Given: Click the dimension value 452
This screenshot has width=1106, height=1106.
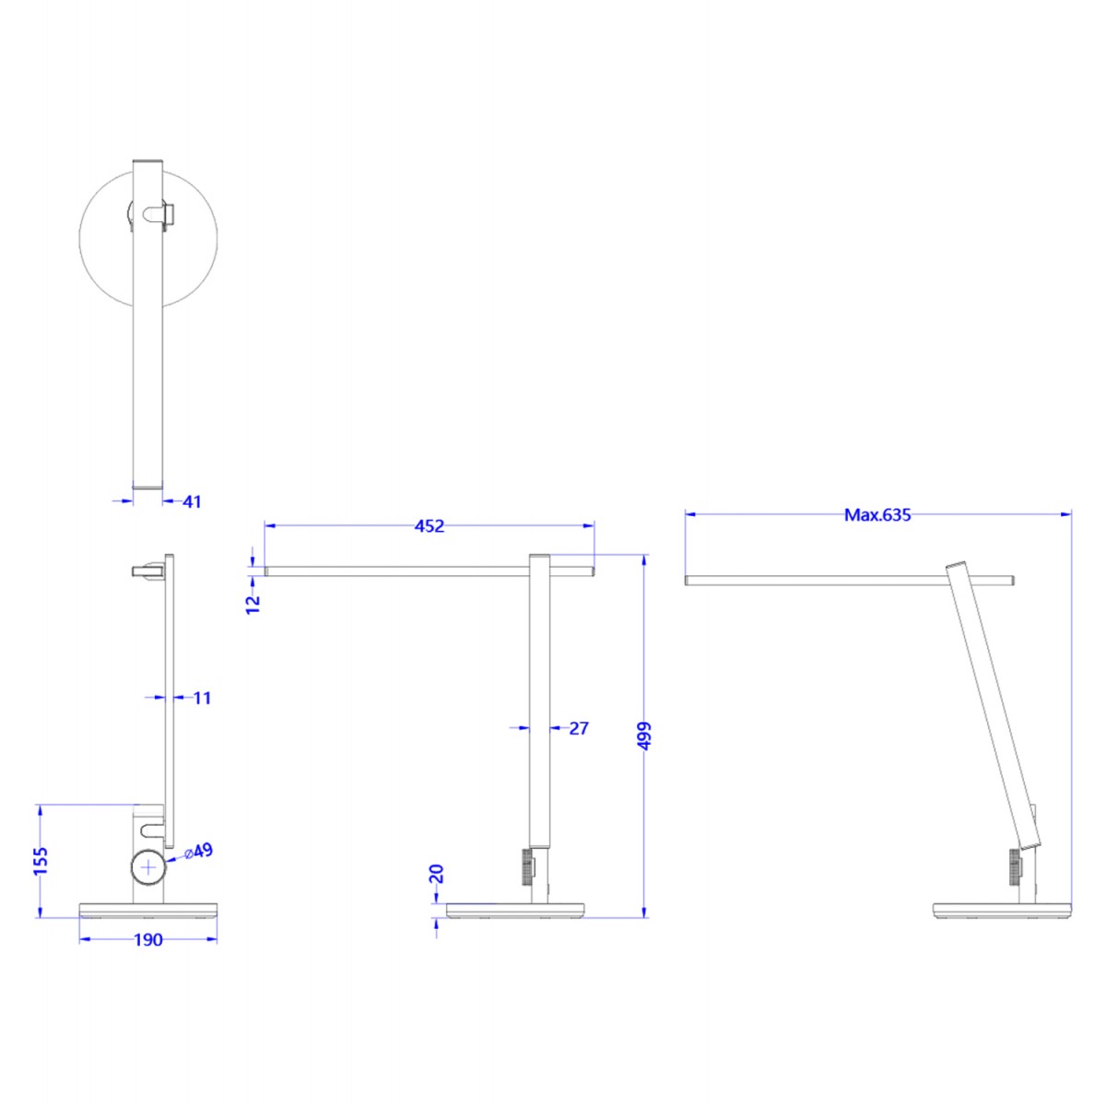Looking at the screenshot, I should coord(429,526).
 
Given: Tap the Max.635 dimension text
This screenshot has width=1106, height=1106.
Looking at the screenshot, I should coord(877,515).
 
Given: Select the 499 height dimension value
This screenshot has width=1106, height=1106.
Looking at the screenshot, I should coord(644,735).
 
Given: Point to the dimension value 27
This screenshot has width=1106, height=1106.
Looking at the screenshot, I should coord(579,728).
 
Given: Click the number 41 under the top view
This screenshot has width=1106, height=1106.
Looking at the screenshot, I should coord(192,502).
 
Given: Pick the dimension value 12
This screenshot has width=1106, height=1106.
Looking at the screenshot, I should coord(253,604).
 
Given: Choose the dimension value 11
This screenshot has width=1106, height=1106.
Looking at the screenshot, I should coord(203,698).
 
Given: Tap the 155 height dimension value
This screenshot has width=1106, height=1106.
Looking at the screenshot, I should coord(41,862).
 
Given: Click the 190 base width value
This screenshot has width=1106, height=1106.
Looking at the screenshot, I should coord(148,940).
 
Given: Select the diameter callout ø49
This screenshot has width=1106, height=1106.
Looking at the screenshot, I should coord(199,851).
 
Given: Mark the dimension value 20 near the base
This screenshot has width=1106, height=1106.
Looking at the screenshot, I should coord(437,873).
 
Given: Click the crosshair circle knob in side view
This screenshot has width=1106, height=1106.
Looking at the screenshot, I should coord(148,867).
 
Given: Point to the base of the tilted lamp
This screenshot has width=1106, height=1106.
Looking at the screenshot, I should coord(1002,911).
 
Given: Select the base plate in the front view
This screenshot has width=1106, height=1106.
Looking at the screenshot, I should coord(516,911).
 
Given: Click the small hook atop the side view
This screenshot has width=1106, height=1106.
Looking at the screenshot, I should coord(147,572).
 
